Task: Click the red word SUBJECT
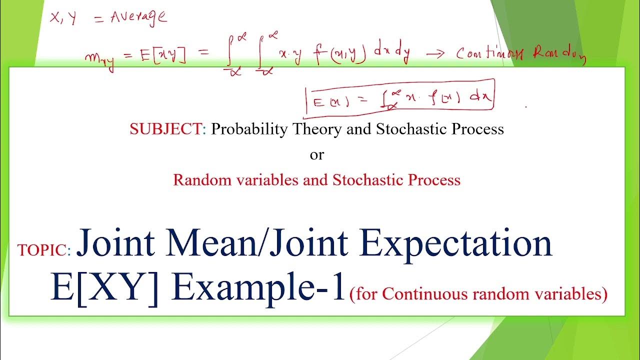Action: point(164,129)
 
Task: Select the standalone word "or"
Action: point(317,155)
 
